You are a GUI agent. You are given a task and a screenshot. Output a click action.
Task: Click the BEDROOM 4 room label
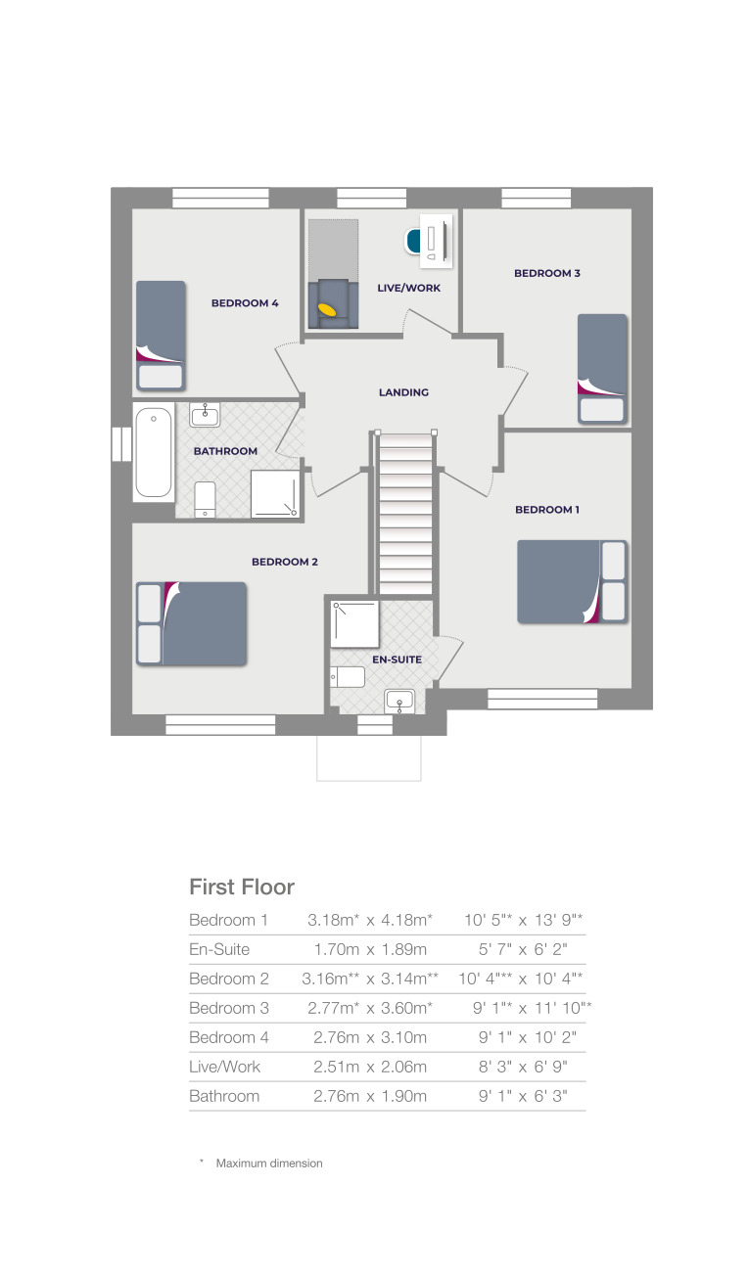[245, 303]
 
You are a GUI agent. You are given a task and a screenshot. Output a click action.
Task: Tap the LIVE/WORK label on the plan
[408, 288]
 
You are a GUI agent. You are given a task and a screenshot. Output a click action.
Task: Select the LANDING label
[403, 392]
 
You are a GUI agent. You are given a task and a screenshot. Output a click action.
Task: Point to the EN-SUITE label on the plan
[397, 660]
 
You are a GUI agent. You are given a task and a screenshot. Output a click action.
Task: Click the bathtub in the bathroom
[154, 452]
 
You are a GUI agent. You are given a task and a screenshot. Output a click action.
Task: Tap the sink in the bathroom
[205, 415]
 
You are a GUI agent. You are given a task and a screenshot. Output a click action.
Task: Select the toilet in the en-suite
[349, 676]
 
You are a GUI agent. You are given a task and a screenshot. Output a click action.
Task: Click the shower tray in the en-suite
[354, 623]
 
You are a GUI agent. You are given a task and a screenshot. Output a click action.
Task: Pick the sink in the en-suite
[399, 700]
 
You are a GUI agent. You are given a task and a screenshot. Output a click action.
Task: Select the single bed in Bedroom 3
[601, 368]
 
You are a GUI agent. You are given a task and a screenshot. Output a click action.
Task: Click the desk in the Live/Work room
[437, 240]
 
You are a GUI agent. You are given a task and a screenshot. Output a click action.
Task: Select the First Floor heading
[241, 887]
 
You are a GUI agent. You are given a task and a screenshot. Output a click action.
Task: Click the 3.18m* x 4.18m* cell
[370, 920]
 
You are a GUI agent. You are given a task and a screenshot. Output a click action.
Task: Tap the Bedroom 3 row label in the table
[228, 1008]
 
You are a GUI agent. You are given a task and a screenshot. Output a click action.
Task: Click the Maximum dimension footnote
[268, 1163]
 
